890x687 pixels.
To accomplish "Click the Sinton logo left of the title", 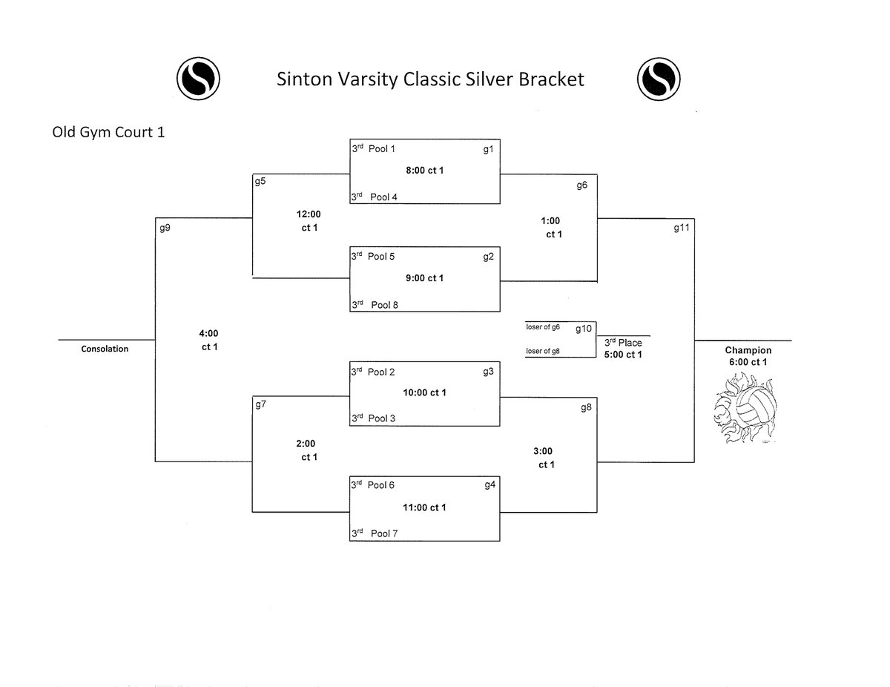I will point(198,78).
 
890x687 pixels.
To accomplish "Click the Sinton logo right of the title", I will point(659,78).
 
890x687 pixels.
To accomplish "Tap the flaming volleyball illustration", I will point(746,408).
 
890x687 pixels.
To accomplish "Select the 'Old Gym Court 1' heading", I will point(108,134).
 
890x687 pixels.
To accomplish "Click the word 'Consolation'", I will point(105,349).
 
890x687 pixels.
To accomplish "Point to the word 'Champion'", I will point(748,350).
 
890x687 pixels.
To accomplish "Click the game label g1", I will point(488,149).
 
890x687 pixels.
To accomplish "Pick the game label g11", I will point(681,228).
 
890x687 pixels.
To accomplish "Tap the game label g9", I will point(165,228).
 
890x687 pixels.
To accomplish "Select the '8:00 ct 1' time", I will point(425,170).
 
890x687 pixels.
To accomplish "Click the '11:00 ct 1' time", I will point(425,507).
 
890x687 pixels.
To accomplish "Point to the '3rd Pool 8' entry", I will point(375,304).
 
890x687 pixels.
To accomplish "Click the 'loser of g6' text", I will point(544,326).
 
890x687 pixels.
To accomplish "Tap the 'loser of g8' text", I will point(544,351).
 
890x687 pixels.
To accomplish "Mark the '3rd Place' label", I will point(623,343).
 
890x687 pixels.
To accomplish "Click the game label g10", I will point(584,329).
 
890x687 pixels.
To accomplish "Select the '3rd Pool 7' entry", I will point(375,533).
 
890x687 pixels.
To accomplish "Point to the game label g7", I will point(260,405).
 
